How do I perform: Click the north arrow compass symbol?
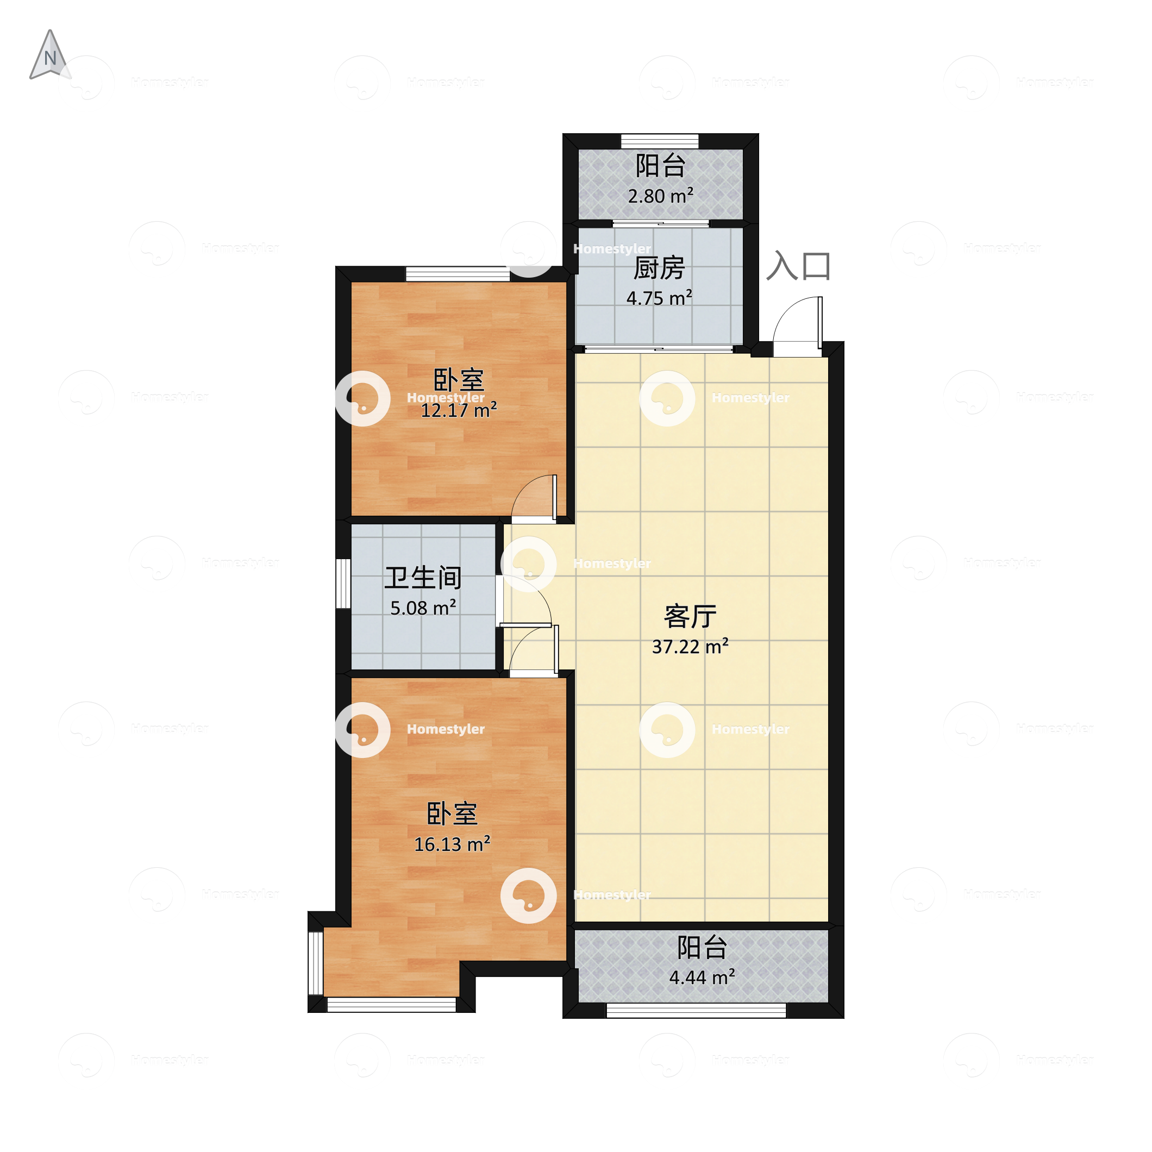click(x=50, y=55)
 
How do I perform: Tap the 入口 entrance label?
click(x=798, y=266)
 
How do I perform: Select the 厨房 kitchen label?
click(x=659, y=268)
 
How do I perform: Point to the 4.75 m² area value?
click(x=659, y=298)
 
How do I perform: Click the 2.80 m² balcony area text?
click(x=660, y=196)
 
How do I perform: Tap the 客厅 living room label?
click(x=690, y=617)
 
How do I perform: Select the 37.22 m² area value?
click(x=690, y=646)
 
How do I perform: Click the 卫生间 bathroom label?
click(x=423, y=578)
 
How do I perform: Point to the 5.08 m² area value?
click(x=423, y=608)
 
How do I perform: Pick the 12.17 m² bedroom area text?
click(x=459, y=410)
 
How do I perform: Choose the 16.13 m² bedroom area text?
click(x=452, y=844)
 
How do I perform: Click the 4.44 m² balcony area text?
click(x=702, y=977)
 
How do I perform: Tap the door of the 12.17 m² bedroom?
click(x=535, y=498)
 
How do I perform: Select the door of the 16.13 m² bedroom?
click(x=534, y=650)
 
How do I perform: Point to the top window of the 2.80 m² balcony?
click(x=660, y=141)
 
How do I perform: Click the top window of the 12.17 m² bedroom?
click(x=458, y=274)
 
